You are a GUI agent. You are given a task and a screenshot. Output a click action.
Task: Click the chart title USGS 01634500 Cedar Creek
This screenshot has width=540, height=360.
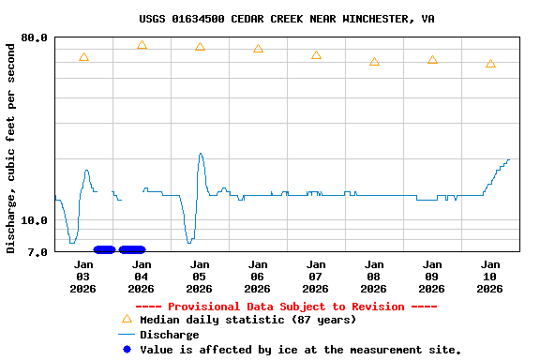tap(286, 19)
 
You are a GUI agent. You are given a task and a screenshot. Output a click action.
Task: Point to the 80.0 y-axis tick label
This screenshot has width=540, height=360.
tap(36, 37)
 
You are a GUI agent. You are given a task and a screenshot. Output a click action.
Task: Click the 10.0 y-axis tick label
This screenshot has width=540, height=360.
tap(36, 221)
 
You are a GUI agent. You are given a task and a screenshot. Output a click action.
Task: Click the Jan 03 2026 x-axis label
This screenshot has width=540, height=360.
tap(83, 277)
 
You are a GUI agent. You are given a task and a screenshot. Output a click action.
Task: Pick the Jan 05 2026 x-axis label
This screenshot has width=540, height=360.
tap(200, 277)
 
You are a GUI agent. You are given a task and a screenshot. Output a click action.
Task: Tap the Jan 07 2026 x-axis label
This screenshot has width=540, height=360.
tap(316, 277)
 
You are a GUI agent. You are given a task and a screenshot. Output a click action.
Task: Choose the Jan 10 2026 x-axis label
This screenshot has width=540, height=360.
tap(490, 277)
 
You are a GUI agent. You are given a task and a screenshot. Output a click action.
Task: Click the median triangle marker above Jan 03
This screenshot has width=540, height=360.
tap(83, 58)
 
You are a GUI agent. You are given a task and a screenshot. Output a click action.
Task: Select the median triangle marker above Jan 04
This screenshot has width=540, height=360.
tap(142, 45)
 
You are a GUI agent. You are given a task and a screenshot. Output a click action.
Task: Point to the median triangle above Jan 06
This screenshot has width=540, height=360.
tap(258, 49)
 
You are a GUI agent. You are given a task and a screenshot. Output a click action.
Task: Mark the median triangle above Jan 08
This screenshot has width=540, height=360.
tap(374, 62)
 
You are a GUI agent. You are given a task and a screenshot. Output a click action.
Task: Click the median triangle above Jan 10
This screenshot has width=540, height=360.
tap(490, 64)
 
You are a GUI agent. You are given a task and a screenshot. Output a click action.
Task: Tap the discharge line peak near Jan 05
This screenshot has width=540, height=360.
tap(201, 154)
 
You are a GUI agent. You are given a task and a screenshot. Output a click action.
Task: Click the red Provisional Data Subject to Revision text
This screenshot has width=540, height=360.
tap(286, 307)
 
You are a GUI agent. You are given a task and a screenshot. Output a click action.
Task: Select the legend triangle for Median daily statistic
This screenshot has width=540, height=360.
tap(127, 320)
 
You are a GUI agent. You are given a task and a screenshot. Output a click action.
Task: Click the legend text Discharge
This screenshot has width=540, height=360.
tap(169, 335)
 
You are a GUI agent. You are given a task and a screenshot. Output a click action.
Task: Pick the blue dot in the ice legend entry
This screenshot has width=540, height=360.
tap(127, 349)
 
